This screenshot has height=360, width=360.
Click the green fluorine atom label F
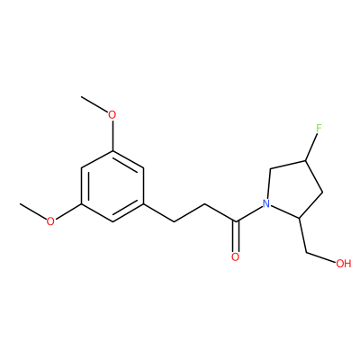click(319, 128)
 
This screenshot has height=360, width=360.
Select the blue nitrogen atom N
click(265, 204)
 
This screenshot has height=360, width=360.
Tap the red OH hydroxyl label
click(344, 264)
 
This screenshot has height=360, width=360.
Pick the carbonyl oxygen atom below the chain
click(236, 257)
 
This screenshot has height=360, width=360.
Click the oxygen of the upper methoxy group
click(112, 115)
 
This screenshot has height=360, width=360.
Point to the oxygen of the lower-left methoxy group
click(50, 221)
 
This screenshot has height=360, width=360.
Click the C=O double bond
click(236, 237)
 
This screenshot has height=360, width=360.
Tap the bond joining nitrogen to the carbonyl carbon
click(248, 214)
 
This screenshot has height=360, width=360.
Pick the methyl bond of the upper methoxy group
click(94, 104)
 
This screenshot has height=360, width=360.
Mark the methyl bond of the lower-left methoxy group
click(33, 211)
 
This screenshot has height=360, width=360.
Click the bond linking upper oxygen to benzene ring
click(112, 135)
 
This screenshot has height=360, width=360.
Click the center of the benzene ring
click(112, 186)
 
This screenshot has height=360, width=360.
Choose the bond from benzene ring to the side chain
click(158, 212)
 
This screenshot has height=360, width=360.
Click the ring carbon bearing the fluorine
click(305, 161)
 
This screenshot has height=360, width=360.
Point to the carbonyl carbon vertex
click(236, 222)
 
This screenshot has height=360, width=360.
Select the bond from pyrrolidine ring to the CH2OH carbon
click(302, 235)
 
